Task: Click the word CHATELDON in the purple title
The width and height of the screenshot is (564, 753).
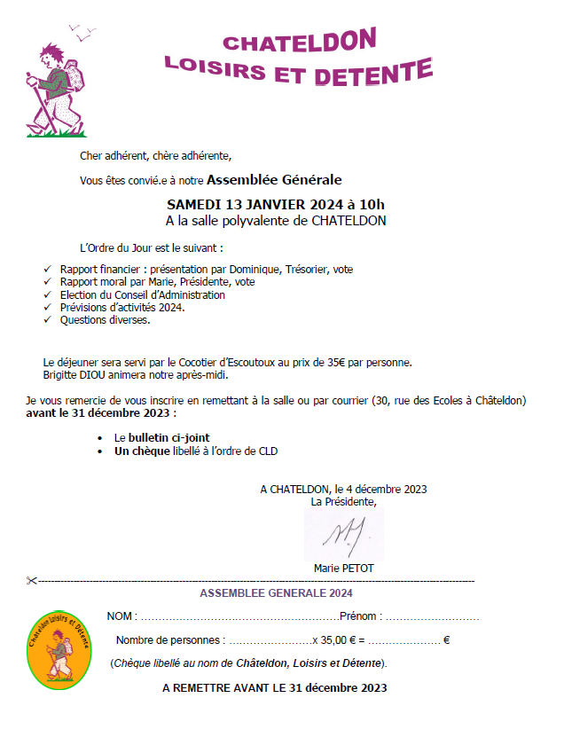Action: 300,41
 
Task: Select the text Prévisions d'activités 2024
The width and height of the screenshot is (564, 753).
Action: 122,307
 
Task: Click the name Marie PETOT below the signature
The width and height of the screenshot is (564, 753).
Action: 344,568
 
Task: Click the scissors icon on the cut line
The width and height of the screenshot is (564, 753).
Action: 32,581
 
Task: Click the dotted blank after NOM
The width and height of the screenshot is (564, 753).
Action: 239,616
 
